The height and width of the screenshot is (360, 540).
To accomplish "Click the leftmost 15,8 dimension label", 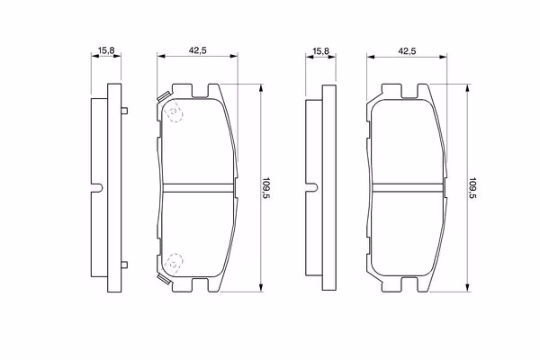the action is point(106,50).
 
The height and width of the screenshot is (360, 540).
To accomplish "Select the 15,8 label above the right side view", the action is point(320,51).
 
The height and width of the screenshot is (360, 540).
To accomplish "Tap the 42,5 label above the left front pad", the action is point(197,50).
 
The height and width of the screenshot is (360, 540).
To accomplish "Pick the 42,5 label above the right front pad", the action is point(407,51).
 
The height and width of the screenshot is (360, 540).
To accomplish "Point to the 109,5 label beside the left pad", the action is point(266,188).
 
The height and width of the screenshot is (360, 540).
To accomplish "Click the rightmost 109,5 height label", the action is point(472,189).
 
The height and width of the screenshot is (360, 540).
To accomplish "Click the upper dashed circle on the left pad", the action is point(174,112).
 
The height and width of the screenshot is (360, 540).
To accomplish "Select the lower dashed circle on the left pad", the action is point(174,265).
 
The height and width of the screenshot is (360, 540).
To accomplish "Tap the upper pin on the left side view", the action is point(124,111).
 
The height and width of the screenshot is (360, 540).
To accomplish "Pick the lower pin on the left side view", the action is point(124,265).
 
